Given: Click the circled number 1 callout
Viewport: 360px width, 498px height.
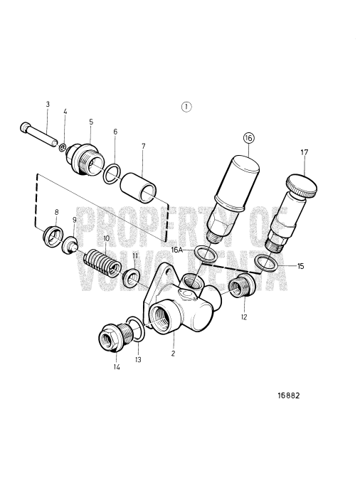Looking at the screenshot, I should point(186,107).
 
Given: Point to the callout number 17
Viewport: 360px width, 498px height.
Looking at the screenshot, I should point(305,152).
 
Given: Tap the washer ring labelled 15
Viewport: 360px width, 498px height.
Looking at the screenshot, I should point(267,262).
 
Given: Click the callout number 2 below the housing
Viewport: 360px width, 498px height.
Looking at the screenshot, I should point(173,352).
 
